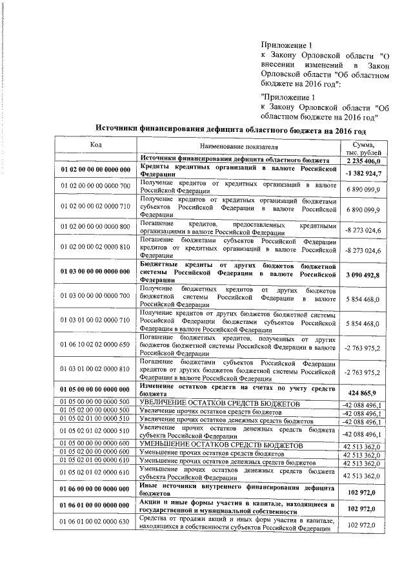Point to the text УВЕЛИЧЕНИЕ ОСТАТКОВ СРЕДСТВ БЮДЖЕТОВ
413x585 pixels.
[x=220, y=403]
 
